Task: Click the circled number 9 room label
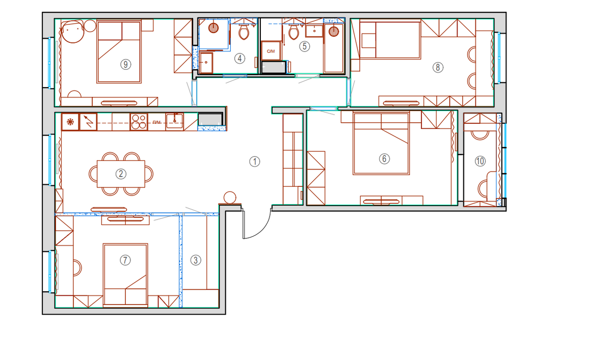click(125, 64)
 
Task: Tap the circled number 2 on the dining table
click(121, 174)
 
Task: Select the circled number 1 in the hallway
click(255, 161)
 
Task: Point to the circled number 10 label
click(480, 161)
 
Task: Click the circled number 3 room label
click(195, 260)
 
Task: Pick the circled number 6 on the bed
click(384, 158)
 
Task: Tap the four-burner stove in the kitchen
click(139, 122)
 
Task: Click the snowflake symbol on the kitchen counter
click(70, 122)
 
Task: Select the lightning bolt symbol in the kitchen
click(89, 122)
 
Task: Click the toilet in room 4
click(244, 31)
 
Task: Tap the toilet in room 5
click(293, 31)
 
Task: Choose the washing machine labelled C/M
click(271, 51)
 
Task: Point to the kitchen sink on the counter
click(175, 121)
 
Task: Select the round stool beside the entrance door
click(230, 198)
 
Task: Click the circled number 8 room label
click(438, 67)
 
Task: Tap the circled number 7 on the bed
click(125, 260)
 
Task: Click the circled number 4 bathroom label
click(239, 59)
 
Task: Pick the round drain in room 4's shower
click(213, 27)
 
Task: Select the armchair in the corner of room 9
click(72, 32)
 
